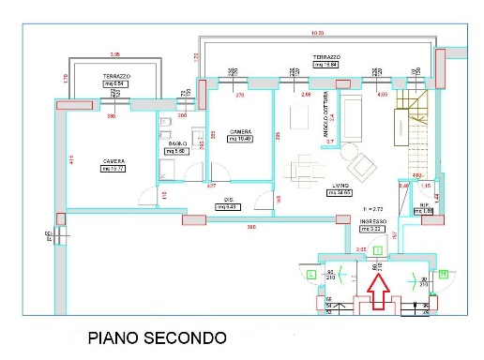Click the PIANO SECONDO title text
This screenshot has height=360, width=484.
coord(157,337)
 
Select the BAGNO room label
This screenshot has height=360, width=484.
coord(177,142)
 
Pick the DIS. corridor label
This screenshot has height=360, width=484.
coord(227,200)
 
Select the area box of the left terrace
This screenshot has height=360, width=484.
coord(115,83)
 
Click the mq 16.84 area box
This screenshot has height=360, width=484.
coord(325,65)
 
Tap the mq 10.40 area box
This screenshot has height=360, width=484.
coord(239,139)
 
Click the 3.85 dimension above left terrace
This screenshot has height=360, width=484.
coord(115,53)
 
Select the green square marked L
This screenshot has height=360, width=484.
coord(310,273)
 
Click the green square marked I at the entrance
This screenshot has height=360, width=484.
coord(376,250)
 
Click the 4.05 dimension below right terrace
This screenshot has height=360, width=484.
coord(382,95)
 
